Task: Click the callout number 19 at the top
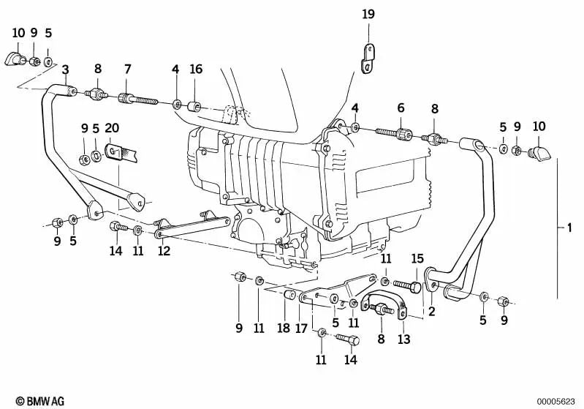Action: click(368, 13)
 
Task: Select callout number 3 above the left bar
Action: click(65, 70)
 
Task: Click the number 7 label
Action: click(127, 70)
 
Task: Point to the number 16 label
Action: click(196, 70)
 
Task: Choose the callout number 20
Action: click(112, 127)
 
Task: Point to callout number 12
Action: click(164, 251)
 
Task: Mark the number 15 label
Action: click(417, 258)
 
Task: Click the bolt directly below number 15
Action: click(406, 284)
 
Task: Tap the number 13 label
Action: click(404, 339)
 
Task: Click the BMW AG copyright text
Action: click(36, 401)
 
